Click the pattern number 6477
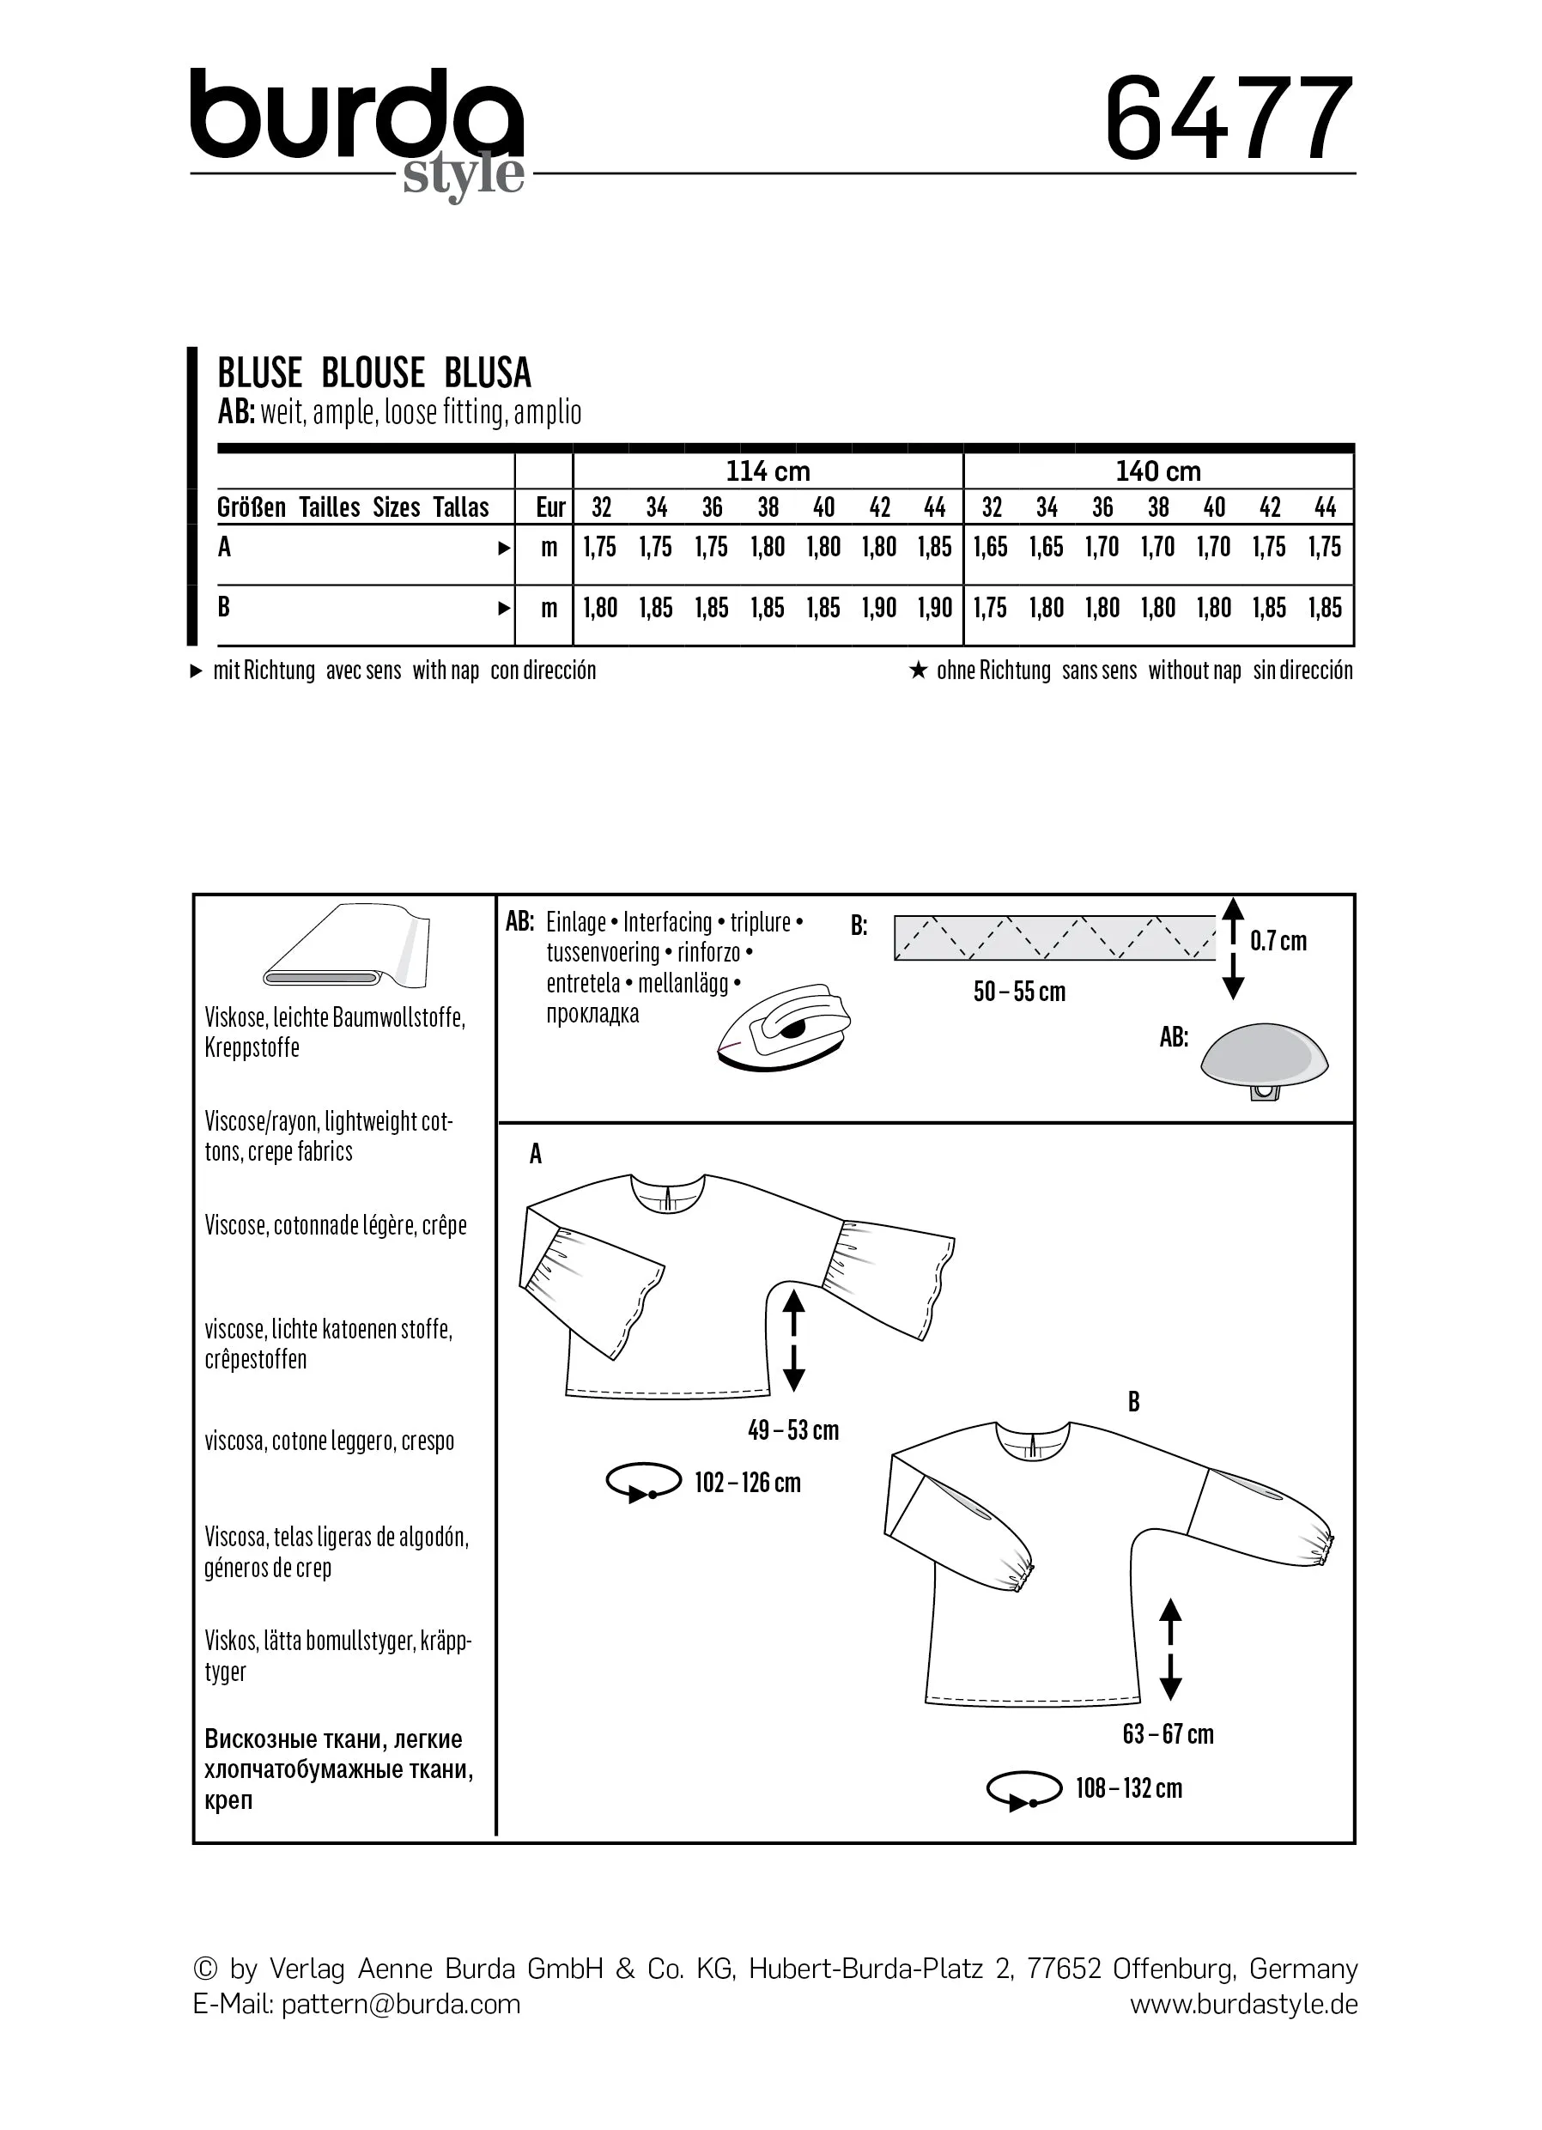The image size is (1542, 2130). point(1229,119)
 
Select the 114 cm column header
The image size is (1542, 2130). point(768,470)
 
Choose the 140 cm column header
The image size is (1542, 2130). point(1158,470)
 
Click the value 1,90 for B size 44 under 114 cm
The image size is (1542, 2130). point(934,608)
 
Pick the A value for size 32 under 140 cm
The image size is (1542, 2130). point(990,547)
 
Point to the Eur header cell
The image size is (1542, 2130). point(550,507)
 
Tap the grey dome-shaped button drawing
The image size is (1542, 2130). point(1264,1056)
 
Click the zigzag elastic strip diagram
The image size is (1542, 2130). point(1053,938)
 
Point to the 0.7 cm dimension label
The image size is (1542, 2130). point(1278,941)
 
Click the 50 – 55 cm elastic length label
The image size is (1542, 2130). point(1019,992)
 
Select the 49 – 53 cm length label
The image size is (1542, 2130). point(792,1430)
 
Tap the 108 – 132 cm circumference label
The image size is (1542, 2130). point(1128,1788)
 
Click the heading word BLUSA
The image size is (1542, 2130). point(488,373)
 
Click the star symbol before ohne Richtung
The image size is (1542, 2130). point(919,670)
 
